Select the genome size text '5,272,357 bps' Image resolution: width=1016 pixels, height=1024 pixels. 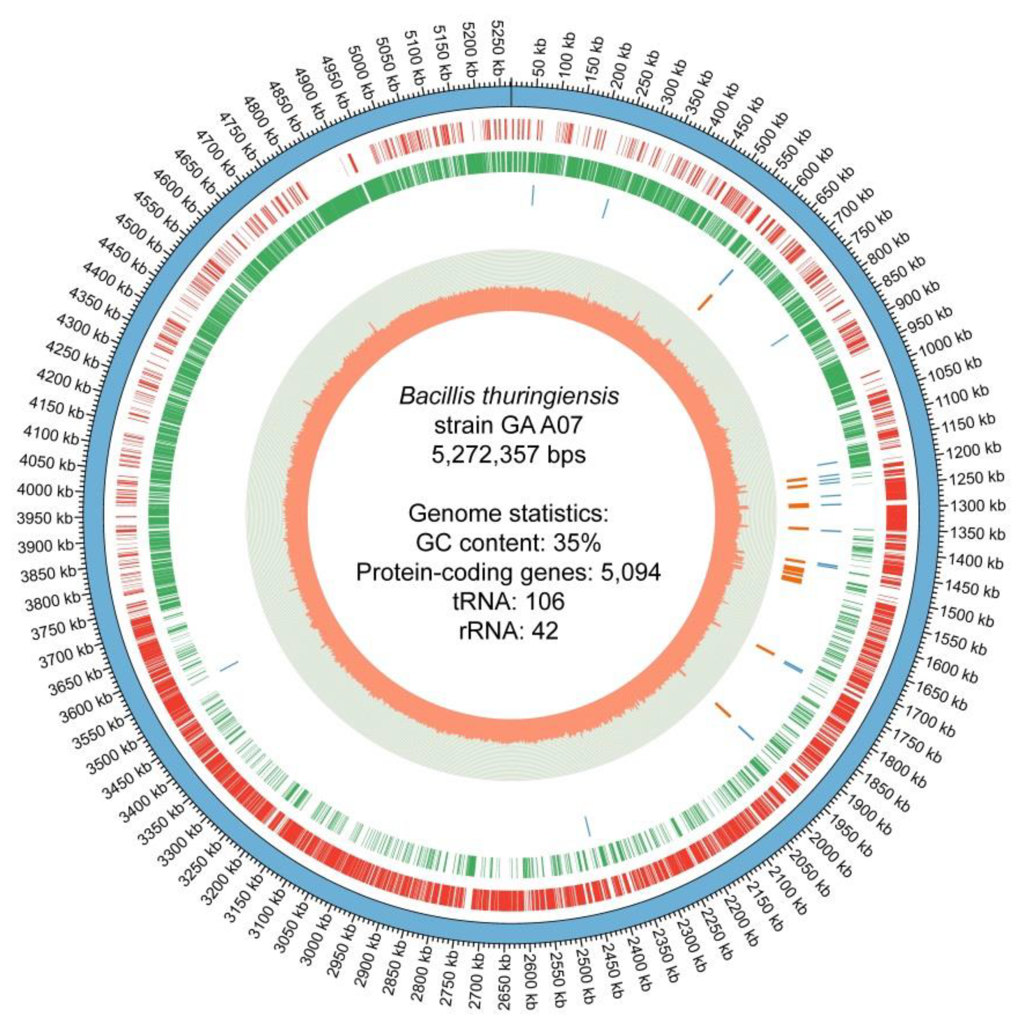click(508, 455)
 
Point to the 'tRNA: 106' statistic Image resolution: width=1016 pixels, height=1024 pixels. click(508, 601)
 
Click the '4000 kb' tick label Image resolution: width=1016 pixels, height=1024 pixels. click(45, 490)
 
